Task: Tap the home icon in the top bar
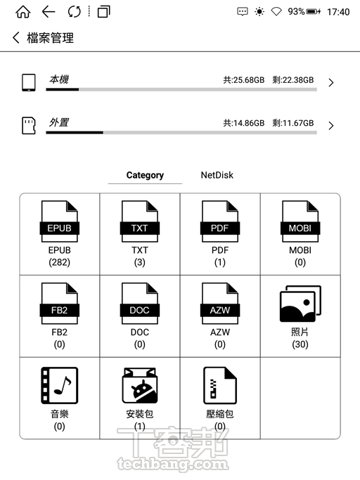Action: pos(23,12)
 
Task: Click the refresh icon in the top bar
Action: pos(75,12)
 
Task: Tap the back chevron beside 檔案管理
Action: pos(16,38)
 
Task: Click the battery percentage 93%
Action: pos(296,12)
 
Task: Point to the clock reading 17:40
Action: pos(338,12)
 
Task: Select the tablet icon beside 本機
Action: pos(28,82)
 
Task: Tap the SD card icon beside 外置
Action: pos(28,126)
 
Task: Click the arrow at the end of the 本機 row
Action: pos(331,83)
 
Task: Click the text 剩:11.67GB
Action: pos(293,123)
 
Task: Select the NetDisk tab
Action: pos(217,175)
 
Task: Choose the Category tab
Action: pos(145,175)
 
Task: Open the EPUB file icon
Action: pos(60,221)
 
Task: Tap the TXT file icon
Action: pos(140,221)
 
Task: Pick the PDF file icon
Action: pos(220,221)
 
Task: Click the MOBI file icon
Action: pos(300,221)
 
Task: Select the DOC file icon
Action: pos(140,303)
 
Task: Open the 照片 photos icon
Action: pos(300,304)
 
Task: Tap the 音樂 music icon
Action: pos(60,385)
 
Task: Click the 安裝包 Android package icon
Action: pos(140,385)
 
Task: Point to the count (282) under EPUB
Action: pos(60,262)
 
